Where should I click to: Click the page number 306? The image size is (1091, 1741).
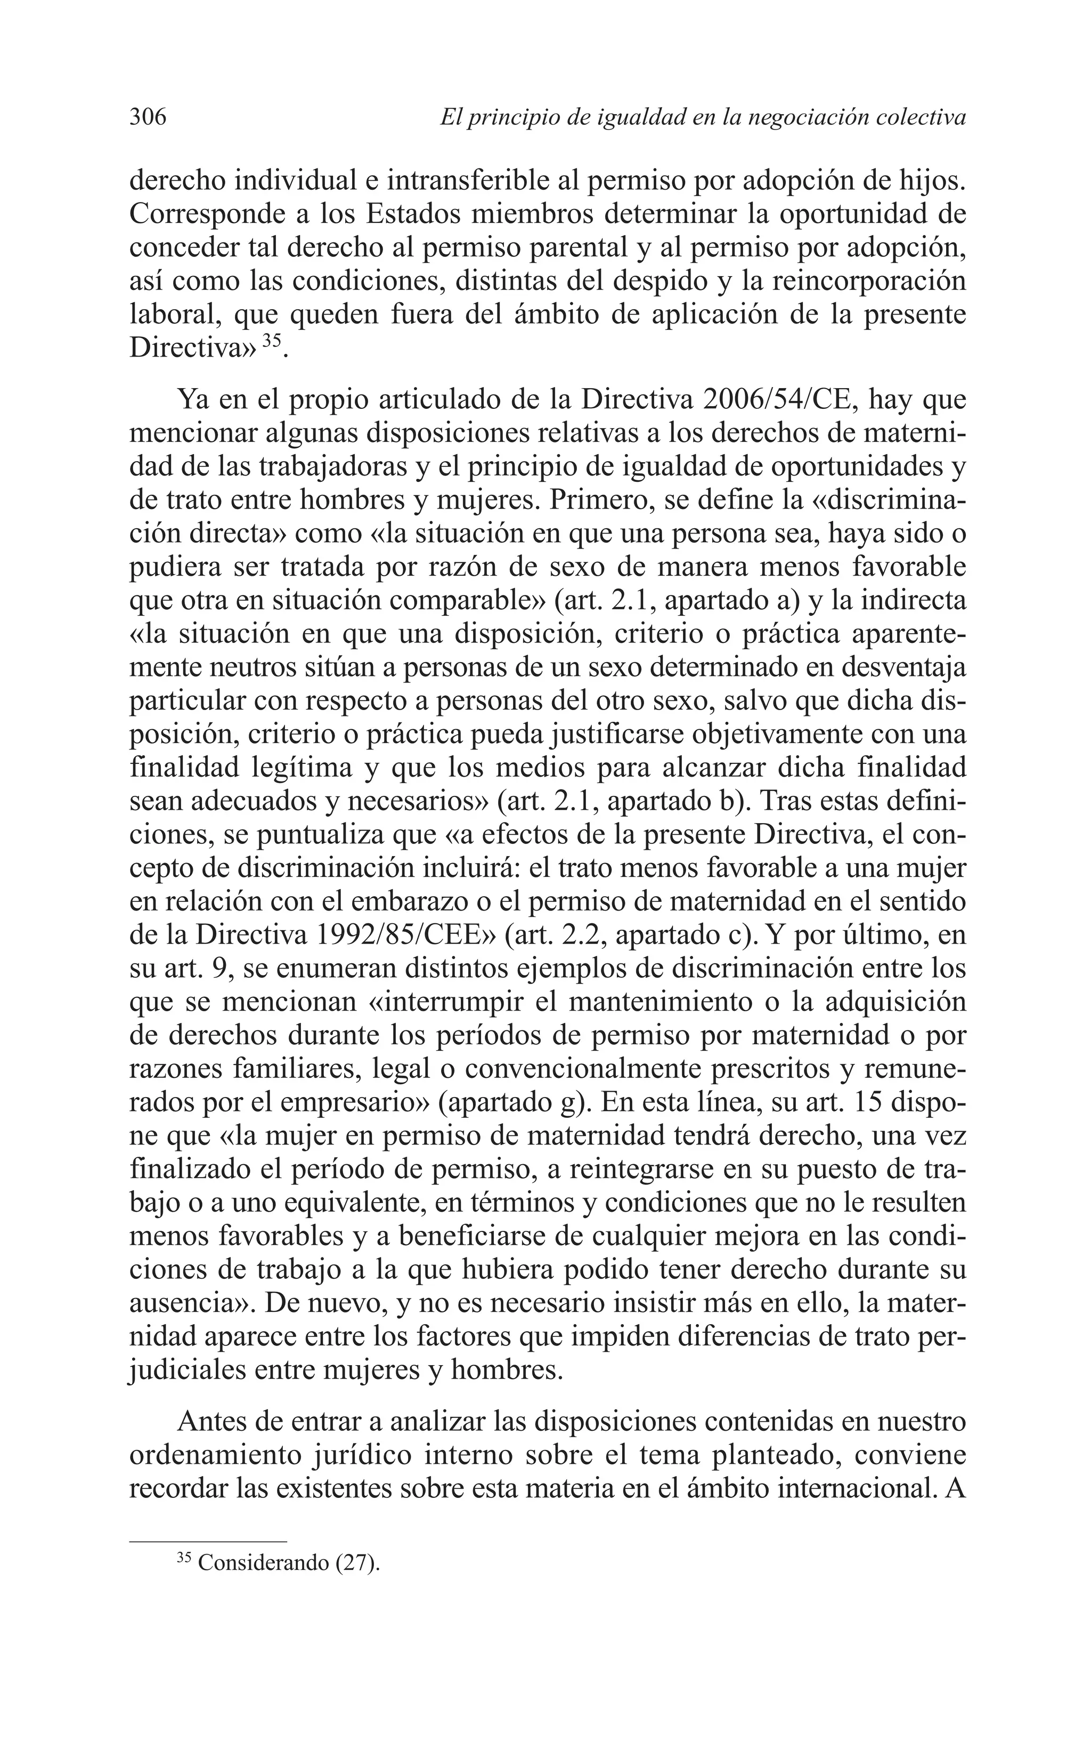[148, 117]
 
